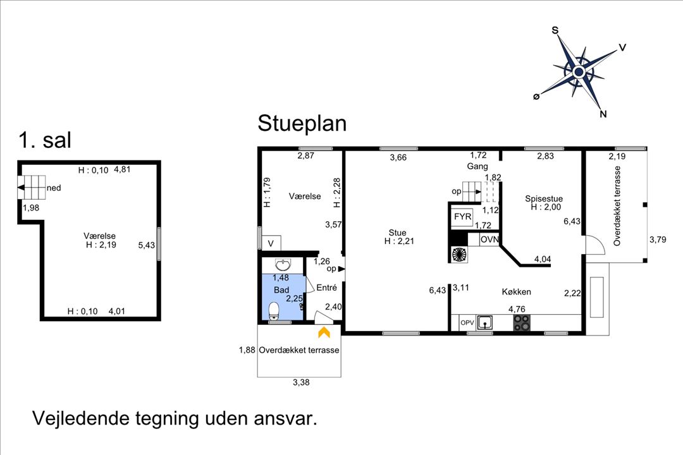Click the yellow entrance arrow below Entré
[324, 332]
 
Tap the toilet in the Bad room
[274, 311]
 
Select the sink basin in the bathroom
[283, 264]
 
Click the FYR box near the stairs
[462, 216]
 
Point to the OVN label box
[489, 240]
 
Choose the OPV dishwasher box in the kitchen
[467, 323]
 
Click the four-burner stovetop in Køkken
[522, 323]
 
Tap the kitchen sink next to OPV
[485, 323]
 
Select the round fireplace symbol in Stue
[458, 254]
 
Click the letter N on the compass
[603, 114]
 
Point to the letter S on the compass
[555, 30]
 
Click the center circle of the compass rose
[579, 72]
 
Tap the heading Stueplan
[302, 123]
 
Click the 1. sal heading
[45, 140]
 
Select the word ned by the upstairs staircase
[54, 188]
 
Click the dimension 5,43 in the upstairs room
[146, 245]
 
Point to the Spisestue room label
[544, 198]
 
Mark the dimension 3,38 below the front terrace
[301, 382]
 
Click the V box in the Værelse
[271, 243]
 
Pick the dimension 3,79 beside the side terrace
[658, 239]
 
